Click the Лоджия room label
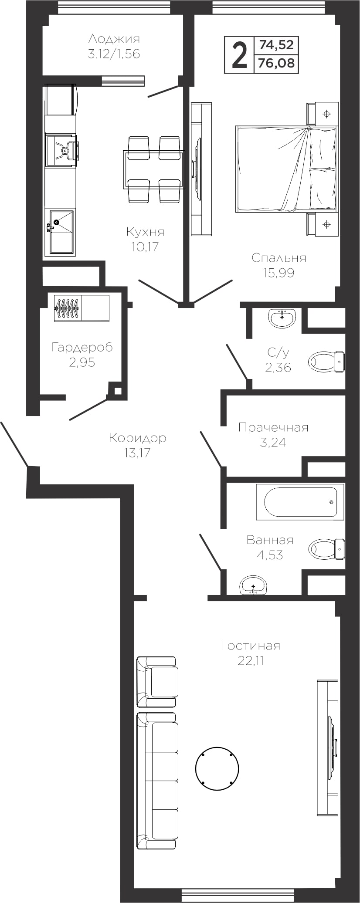[x=114, y=39]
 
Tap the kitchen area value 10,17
[x=145, y=247]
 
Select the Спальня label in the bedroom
[x=279, y=258]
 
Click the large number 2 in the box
[x=239, y=55]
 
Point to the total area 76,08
[x=276, y=64]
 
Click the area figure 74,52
[x=276, y=44]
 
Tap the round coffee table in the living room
[x=217, y=768]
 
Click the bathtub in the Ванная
[x=300, y=502]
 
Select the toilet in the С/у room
[x=326, y=362]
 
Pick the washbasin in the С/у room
[x=282, y=318]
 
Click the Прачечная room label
[x=273, y=428]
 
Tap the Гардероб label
[x=82, y=347]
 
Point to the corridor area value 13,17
[x=137, y=453]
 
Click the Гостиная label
[x=251, y=646]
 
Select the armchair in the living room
[x=157, y=682]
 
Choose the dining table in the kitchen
[x=154, y=169]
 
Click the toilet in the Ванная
[x=326, y=549]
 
